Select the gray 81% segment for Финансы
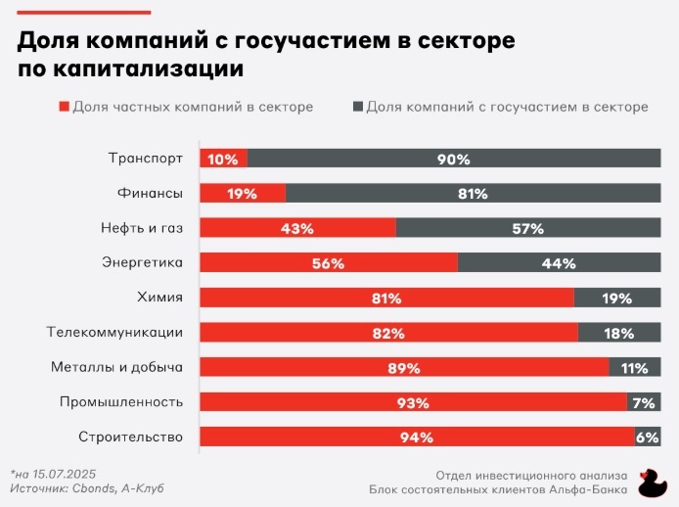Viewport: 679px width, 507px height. click(473, 194)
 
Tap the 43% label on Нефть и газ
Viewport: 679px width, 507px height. click(297, 228)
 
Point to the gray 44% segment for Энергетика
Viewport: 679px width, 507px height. click(559, 262)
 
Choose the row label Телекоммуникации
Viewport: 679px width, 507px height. click(114, 332)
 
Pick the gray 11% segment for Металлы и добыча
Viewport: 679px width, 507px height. click(634, 368)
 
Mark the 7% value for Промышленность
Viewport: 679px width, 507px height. click(644, 402)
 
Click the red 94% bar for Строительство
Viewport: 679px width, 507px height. click(417, 438)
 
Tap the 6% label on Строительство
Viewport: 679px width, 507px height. click(648, 438)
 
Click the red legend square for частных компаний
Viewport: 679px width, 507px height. click(66, 107)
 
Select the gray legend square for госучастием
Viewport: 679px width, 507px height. click(358, 107)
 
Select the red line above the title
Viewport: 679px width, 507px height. click(84, 13)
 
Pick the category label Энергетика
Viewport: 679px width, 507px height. click(143, 262)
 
